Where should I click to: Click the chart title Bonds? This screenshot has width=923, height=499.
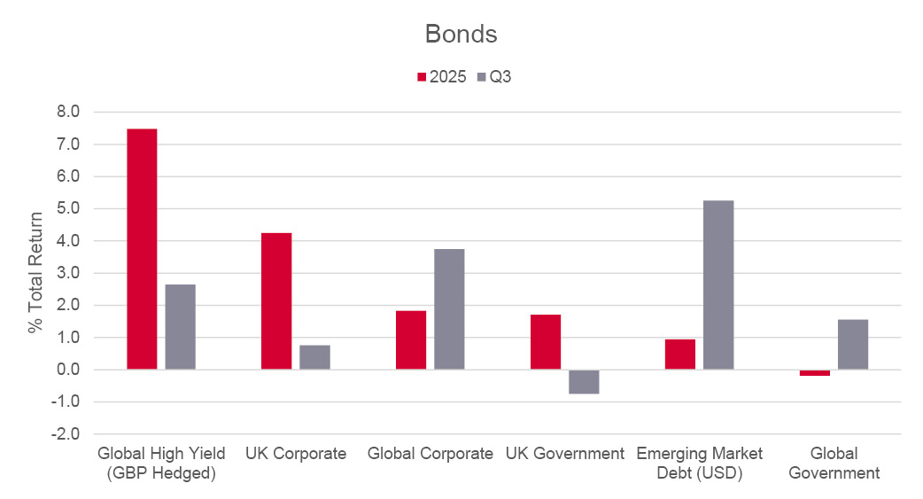tap(461, 34)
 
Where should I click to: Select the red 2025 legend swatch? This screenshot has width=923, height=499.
tap(423, 77)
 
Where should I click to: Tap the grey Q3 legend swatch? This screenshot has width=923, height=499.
tap(481, 77)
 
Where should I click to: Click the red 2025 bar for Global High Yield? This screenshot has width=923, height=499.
tap(142, 249)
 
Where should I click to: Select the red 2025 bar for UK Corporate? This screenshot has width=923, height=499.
tap(276, 301)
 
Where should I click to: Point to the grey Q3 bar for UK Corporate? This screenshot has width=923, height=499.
tap(314, 357)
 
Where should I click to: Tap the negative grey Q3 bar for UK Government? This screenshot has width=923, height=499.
tap(584, 381)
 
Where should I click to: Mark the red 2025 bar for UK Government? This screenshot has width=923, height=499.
tap(546, 342)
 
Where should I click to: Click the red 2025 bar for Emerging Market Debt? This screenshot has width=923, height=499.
tap(680, 355)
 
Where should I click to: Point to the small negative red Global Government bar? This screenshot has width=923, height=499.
tap(815, 373)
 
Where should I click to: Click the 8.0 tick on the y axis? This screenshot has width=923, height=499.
tap(68, 112)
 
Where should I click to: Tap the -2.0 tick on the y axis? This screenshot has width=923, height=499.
tap(66, 434)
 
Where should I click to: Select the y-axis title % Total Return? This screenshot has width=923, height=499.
tap(35, 273)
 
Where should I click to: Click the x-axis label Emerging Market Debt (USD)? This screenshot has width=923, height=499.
tap(700, 463)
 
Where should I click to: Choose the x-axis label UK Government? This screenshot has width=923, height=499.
tap(565, 454)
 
